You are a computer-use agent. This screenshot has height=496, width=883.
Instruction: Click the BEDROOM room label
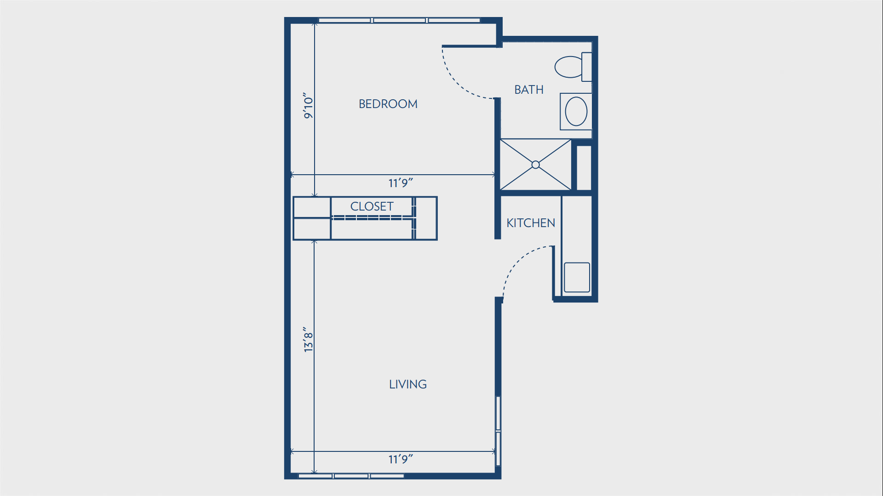[388, 104]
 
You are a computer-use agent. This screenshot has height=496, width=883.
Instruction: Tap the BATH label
[529, 90]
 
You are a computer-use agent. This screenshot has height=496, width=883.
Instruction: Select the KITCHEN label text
[531, 223]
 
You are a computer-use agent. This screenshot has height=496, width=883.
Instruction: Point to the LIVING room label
[408, 384]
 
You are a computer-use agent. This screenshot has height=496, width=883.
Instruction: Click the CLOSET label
[372, 206]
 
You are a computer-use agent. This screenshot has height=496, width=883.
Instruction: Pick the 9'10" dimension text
[308, 105]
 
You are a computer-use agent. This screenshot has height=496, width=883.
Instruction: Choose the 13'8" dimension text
[308, 340]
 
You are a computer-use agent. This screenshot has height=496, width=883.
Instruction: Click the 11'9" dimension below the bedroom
[401, 183]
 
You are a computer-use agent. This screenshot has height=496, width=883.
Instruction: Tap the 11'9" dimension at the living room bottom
[401, 459]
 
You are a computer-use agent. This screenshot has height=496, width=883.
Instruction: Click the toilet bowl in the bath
[568, 67]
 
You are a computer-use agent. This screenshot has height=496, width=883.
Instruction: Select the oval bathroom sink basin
[576, 112]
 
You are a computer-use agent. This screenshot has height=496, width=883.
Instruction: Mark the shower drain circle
[535, 165]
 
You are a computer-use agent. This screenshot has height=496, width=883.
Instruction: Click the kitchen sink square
[577, 277]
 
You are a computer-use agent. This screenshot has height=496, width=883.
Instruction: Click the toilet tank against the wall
[587, 67]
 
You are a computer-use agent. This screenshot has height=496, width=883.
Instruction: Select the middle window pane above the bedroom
[399, 20]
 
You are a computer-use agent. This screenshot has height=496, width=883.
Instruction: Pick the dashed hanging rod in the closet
[373, 218]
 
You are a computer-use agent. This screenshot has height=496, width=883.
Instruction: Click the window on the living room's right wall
[498, 431]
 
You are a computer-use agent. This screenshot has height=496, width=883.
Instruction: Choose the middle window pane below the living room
[351, 476]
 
